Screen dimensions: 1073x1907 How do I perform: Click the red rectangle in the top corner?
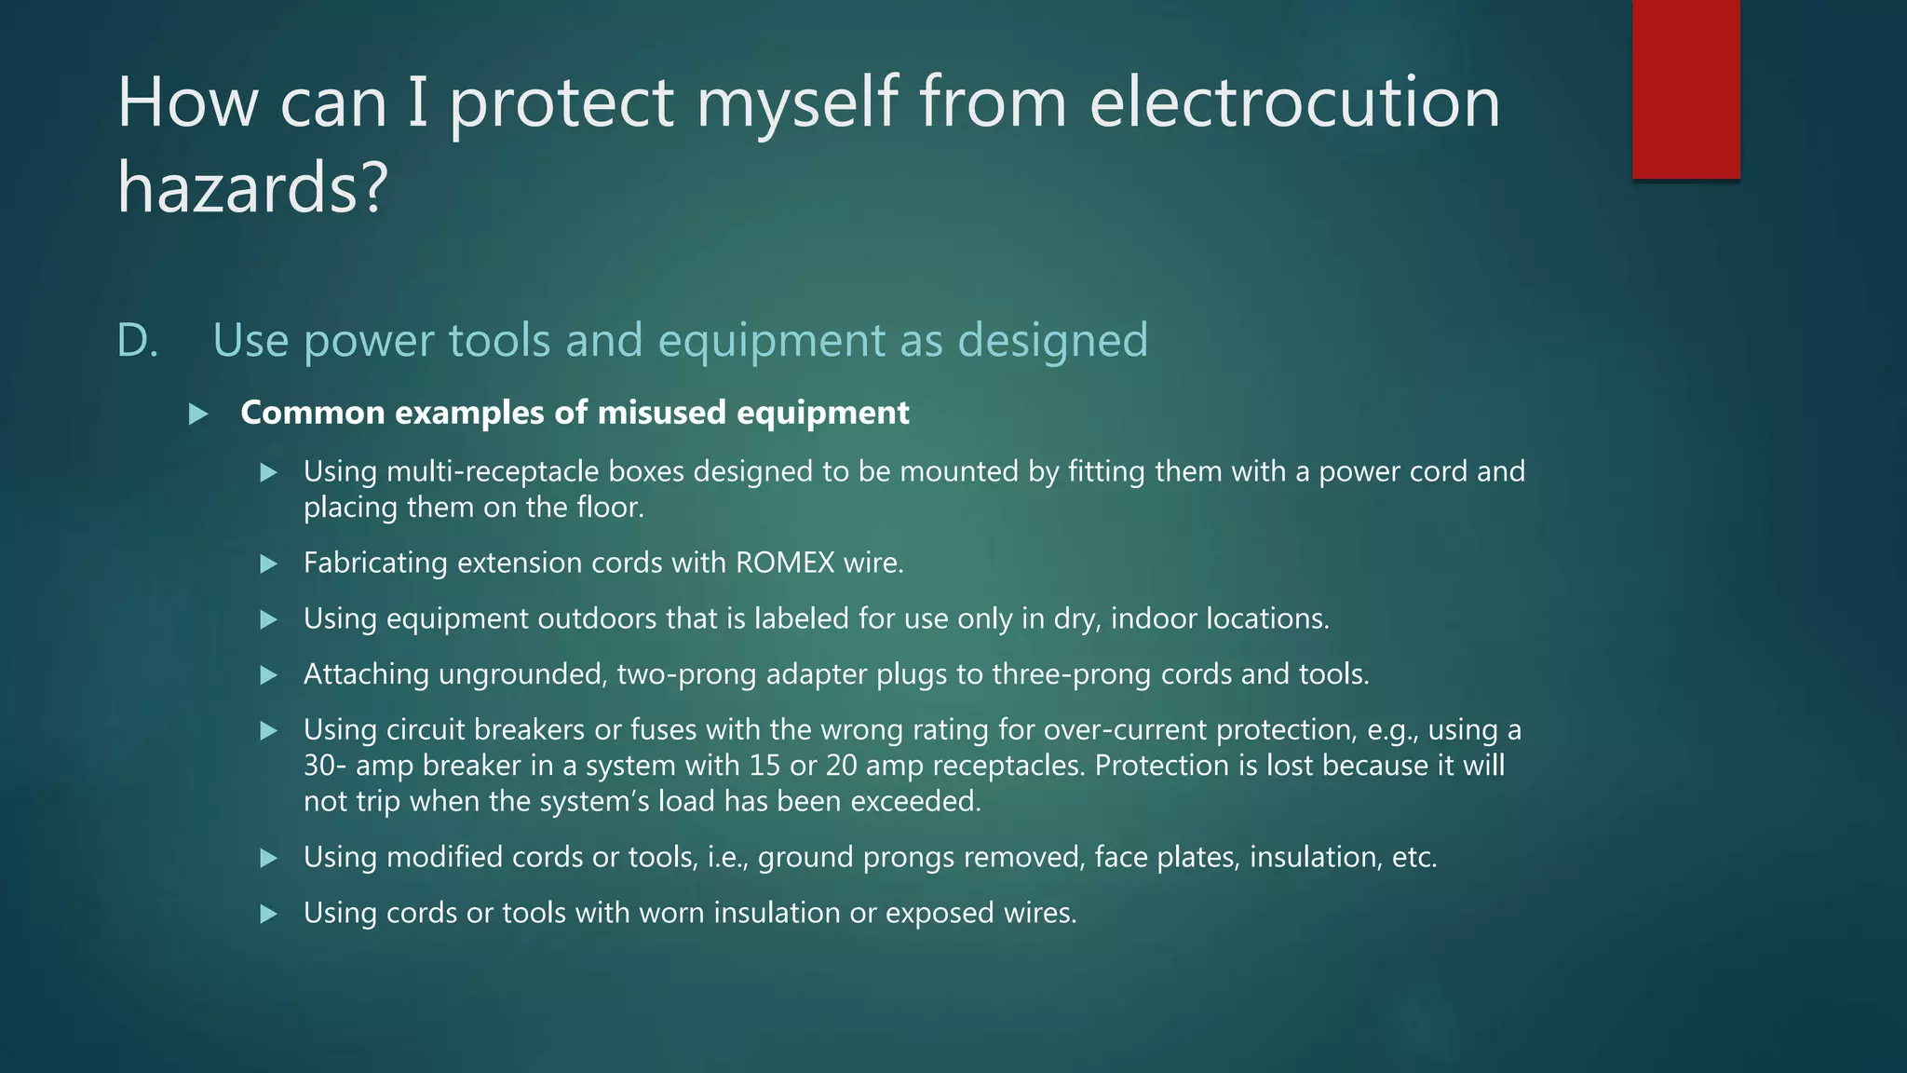pyautogui.click(x=1685, y=89)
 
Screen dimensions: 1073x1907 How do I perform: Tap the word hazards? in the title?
pyautogui.click(x=251, y=186)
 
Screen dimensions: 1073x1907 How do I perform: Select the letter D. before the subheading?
pyautogui.click(x=137, y=340)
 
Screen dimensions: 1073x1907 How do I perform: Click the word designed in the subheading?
pyautogui.click(x=1052, y=340)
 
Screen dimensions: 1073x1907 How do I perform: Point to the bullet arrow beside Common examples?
pyautogui.click(x=198, y=414)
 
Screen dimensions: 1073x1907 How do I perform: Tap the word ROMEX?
pyautogui.click(x=785, y=563)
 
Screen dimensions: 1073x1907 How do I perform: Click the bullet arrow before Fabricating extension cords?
pyautogui.click(x=268, y=564)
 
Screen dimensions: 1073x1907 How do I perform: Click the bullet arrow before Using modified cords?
pyautogui.click(x=268, y=858)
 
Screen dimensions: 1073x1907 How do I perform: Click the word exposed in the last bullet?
pyautogui.click(x=939, y=913)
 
